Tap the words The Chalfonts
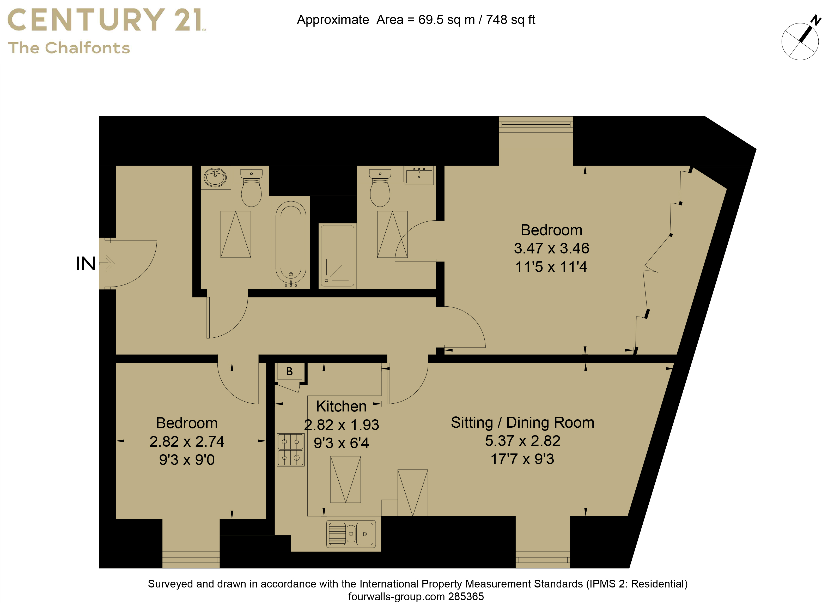pyautogui.click(x=69, y=48)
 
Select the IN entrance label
pyautogui.click(x=86, y=264)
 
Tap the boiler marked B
pyautogui.click(x=290, y=371)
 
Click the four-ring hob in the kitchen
pyautogui.click(x=290, y=450)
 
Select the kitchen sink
pyautogui.click(x=351, y=534)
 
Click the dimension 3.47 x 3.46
pyautogui.click(x=551, y=248)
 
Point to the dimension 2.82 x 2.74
pyautogui.click(x=187, y=441)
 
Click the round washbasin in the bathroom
pyautogui.click(x=215, y=177)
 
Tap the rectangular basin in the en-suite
pyautogui.click(x=419, y=175)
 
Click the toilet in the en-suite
pyautogui.click(x=380, y=188)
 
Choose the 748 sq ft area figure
pyautogui.click(x=510, y=20)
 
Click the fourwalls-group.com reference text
pyautogui.click(x=416, y=597)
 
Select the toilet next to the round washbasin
pyautogui.click(x=252, y=188)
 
